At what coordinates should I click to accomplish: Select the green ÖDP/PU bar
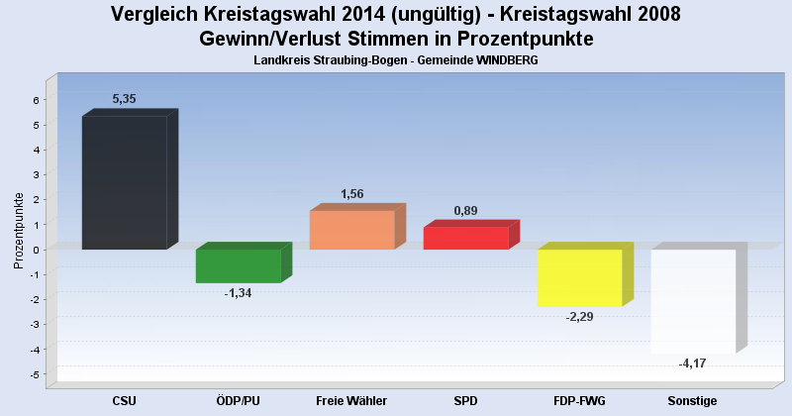(x=238, y=265)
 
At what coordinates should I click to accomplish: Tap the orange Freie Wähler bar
(x=351, y=229)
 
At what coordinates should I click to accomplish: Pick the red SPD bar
(x=465, y=238)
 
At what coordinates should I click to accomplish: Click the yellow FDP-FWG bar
(x=579, y=277)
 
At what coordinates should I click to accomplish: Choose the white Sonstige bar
(x=693, y=301)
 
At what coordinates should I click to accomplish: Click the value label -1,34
(x=238, y=293)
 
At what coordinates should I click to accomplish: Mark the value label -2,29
(x=579, y=317)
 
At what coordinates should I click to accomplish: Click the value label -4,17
(x=693, y=364)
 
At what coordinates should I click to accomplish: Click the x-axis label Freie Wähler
(x=351, y=400)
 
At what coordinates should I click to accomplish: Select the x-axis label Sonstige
(x=693, y=400)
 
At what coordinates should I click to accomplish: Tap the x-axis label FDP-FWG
(x=579, y=400)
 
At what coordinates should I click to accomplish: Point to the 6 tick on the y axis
(x=35, y=100)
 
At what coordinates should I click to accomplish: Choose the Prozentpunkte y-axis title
(x=18, y=230)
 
